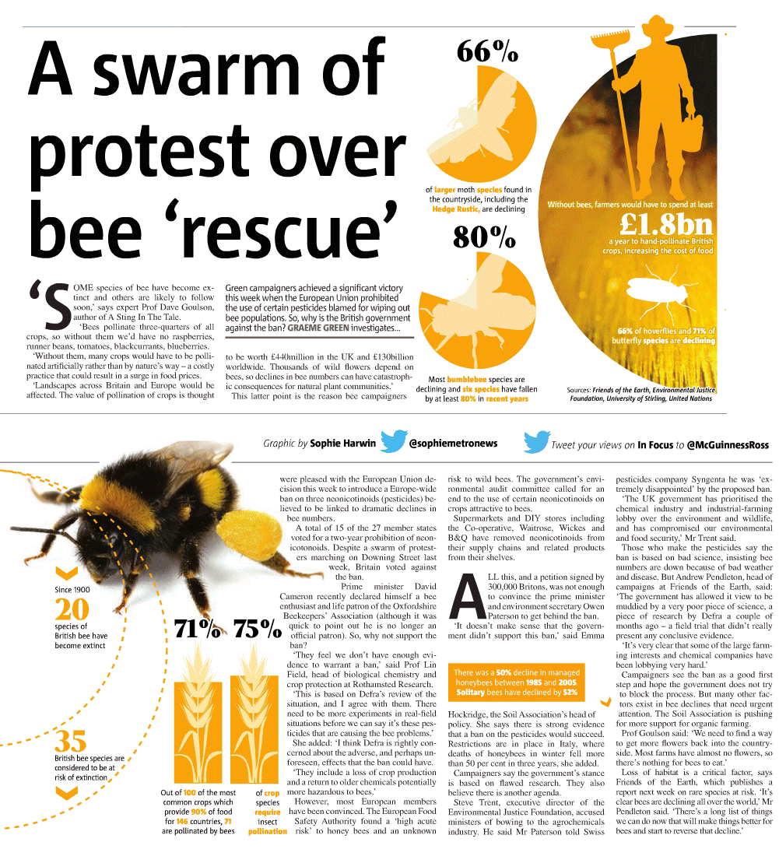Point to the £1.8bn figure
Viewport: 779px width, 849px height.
pos(666,224)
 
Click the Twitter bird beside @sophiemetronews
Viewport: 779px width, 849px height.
pos(395,441)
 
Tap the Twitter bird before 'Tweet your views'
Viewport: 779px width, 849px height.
pos(537,443)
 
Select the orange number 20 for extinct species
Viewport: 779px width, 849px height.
pos(72,609)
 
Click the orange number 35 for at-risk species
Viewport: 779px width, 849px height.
pos(70,741)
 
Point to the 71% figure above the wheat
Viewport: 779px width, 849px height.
pos(198,629)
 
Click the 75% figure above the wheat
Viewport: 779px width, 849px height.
pos(257,629)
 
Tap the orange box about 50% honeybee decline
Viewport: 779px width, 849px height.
pos(517,682)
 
